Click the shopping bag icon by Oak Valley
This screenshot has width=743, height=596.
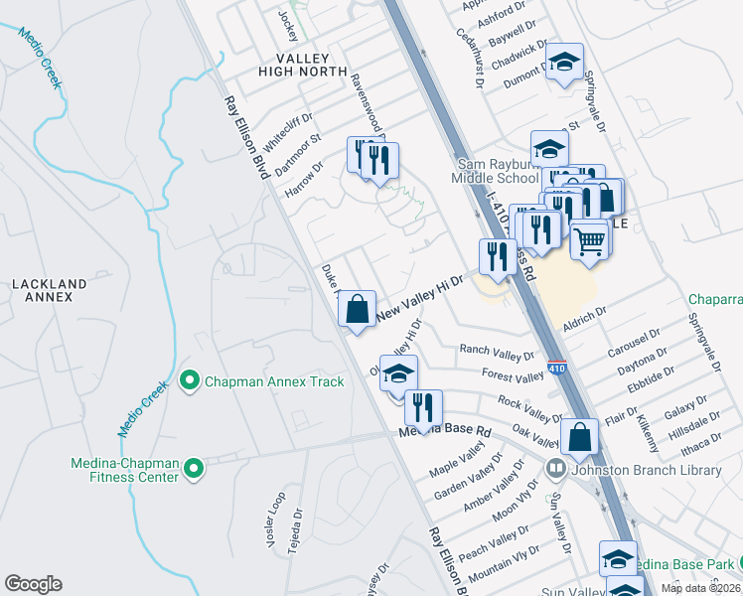(x=579, y=435)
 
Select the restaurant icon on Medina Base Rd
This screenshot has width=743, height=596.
(x=423, y=407)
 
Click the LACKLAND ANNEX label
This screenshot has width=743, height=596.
(x=43, y=290)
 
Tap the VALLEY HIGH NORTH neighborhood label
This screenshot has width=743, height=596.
(x=303, y=66)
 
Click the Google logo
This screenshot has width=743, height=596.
(x=33, y=584)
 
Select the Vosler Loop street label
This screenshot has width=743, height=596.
(x=275, y=519)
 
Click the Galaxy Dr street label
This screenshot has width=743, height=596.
(x=682, y=408)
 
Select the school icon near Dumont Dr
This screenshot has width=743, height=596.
(x=564, y=63)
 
